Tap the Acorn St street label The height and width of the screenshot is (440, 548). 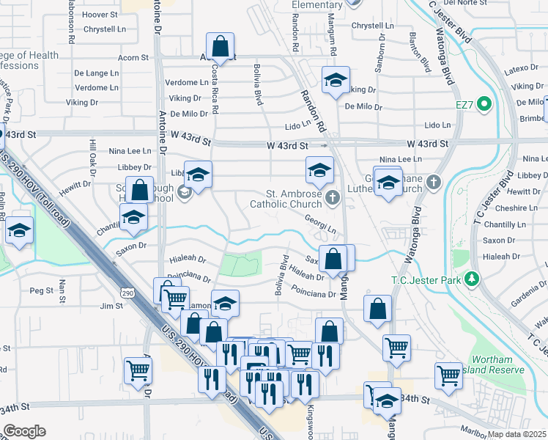pyautogui.click(x=133, y=57)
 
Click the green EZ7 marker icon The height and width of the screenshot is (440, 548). pyautogui.click(x=483, y=105)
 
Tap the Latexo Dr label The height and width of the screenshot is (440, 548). pyautogui.click(x=522, y=69)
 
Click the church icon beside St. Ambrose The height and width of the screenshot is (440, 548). pyautogui.click(x=333, y=197)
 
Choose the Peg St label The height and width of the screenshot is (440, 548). pyautogui.click(x=42, y=290)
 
